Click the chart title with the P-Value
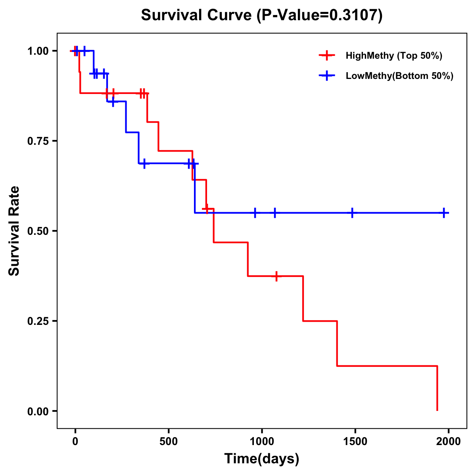[x=262, y=15]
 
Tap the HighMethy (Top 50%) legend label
[x=393, y=56]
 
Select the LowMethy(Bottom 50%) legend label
[x=399, y=76]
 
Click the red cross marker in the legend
[x=326, y=56]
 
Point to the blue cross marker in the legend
[x=326, y=76]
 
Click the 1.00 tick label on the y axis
[x=38, y=51]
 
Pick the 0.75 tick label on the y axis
[x=38, y=141]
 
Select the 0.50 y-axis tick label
[x=38, y=231]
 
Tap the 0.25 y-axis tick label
[x=38, y=321]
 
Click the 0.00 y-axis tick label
[x=38, y=411]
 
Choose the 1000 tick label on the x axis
[x=262, y=441]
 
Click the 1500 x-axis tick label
[x=355, y=441]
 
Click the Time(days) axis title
[x=262, y=459]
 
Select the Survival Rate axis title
[x=14, y=231]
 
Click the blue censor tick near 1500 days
[x=352, y=213]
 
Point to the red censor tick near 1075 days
[x=276, y=276]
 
